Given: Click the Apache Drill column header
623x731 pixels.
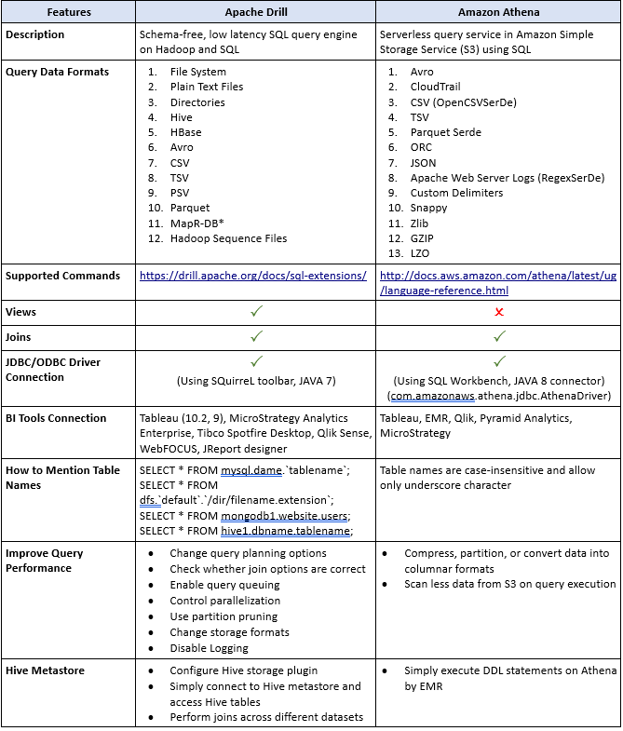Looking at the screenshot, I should [x=255, y=11].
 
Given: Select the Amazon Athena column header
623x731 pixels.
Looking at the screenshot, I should [x=497, y=11].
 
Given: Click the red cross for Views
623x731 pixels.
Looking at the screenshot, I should [x=498, y=313].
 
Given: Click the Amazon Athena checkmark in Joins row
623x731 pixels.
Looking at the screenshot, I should [x=498, y=336].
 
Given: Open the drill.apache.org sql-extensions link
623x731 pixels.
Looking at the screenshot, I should [x=252, y=277].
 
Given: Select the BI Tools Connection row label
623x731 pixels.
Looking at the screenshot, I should [x=56, y=418].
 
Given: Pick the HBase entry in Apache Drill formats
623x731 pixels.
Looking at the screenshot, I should [x=186, y=132].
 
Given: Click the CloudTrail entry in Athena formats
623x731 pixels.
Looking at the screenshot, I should [x=435, y=87].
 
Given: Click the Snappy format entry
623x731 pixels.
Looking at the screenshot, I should [x=428, y=208].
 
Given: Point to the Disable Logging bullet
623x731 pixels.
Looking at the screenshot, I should [x=209, y=648].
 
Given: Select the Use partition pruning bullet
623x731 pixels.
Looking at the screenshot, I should [x=223, y=616].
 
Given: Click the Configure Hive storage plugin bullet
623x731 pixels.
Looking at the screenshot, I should [x=243, y=670].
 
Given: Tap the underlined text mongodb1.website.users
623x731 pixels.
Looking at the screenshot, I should [x=285, y=516].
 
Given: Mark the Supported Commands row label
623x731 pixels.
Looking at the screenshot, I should [x=62, y=276].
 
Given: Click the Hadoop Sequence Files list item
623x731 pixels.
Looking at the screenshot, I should [x=228, y=238].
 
